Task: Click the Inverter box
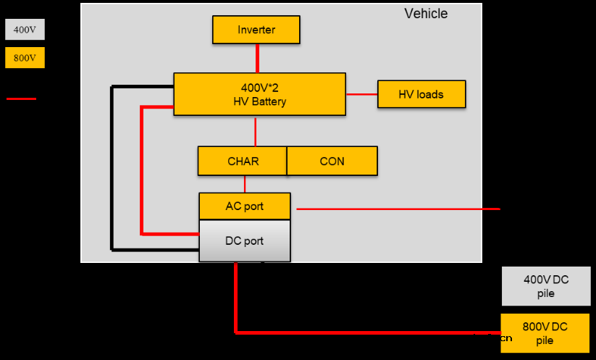coord(256,30)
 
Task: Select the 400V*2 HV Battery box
coord(259,94)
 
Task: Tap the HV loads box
coord(421,94)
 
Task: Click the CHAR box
coord(243,161)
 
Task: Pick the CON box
coord(332,161)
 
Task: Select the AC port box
coord(244,206)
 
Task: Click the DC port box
coord(244,240)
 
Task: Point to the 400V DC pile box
coord(546,286)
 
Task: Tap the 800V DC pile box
coord(546,333)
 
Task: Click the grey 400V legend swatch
coord(25,30)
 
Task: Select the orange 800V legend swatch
coord(25,58)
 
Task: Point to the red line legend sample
coord(21,98)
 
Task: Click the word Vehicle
coord(426,14)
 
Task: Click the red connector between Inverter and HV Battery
coord(256,58)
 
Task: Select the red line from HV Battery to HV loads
coord(361,94)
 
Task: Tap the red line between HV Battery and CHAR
coord(256,130)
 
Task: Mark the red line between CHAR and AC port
coord(244,184)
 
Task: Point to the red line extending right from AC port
coord(398,209)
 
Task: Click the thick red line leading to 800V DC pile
coord(362,332)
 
